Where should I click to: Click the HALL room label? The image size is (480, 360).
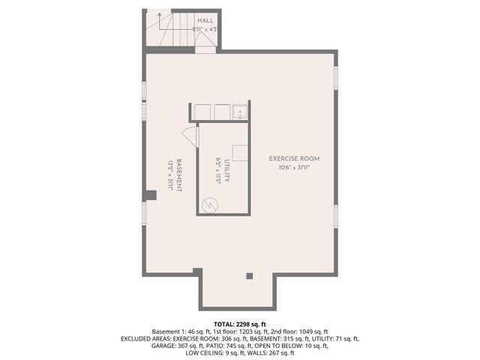point(205,20)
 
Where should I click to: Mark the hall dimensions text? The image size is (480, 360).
point(205,29)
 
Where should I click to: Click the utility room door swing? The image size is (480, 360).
point(190,136)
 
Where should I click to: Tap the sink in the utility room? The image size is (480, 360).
point(240,112)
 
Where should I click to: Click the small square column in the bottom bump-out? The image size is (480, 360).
point(250,276)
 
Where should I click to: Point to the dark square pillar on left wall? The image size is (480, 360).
point(150,196)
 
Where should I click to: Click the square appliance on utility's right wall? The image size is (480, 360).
point(240,152)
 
